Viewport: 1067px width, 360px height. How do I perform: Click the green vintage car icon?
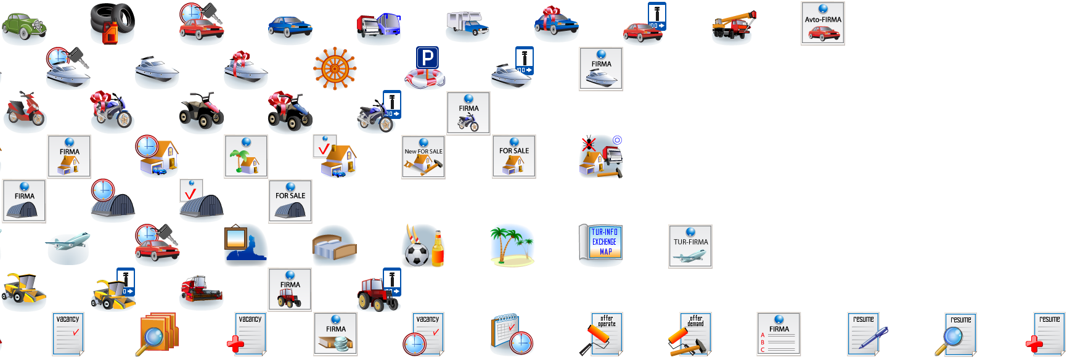(23, 26)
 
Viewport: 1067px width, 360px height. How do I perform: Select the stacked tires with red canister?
(112, 23)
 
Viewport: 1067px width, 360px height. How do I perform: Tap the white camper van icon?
(467, 25)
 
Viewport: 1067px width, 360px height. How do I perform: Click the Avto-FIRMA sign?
(822, 23)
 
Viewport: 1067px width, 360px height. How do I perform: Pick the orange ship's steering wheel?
(335, 68)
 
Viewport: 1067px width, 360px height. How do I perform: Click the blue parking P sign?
(427, 58)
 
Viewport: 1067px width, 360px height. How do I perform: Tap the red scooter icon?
(25, 112)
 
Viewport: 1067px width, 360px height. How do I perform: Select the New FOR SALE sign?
(423, 157)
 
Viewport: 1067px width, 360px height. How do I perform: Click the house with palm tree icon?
(246, 157)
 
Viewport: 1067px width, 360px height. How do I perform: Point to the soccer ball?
(417, 254)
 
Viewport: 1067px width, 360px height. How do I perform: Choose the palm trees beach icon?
(512, 245)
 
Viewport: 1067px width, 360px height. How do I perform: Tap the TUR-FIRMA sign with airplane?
(690, 246)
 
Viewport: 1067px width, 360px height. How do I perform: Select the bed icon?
(335, 246)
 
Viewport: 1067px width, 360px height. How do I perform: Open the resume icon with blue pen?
(866, 333)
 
